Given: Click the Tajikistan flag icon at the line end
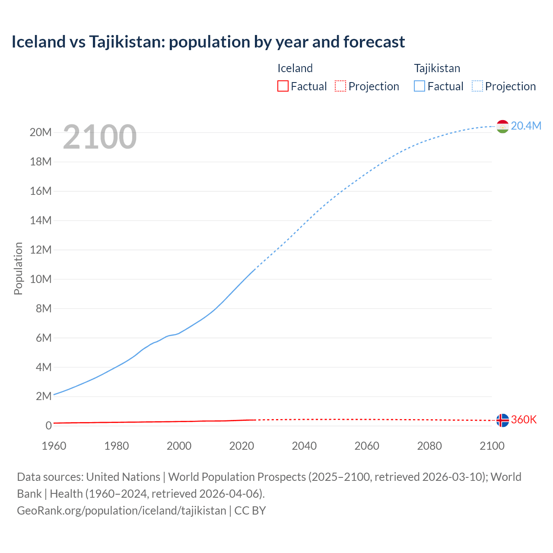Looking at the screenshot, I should click(502, 126).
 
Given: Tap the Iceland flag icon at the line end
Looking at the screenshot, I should click(502, 420).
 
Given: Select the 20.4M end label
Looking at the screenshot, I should click(526, 126).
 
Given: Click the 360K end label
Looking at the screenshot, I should click(524, 420).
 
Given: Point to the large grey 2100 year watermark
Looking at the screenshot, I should click(100, 137).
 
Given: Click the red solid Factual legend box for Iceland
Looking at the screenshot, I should click(283, 86).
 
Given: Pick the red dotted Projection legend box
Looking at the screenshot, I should click(340, 86).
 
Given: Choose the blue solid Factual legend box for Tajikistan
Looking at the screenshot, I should click(420, 86).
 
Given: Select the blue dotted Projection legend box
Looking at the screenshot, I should click(477, 86).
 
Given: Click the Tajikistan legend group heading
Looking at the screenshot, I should click(437, 68).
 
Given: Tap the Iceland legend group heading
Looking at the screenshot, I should click(295, 68).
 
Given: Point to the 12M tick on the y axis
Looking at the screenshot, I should click(41, 250).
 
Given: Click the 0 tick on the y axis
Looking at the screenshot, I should click(48, 426).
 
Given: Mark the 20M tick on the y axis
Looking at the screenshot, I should click(41, 132).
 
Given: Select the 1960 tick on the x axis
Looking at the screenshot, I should click(54, 446).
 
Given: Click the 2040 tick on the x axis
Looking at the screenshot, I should click(304, 446).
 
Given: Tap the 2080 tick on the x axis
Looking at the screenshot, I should click(429, 446).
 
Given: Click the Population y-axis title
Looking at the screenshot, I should click(18, 268).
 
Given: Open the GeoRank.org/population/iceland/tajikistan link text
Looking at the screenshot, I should click(121, 510).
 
